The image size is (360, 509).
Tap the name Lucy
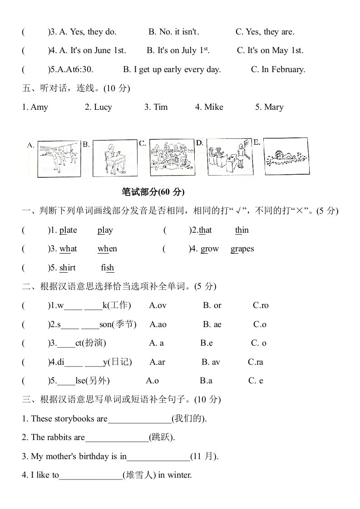point(103,108)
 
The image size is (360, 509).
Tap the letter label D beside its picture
point(199,142)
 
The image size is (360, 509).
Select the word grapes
point(242,249)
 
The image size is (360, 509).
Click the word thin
point(242,230)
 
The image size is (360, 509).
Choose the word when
point(107,249)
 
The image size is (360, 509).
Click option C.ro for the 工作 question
point(261,306)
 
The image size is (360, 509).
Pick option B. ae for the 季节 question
point(212,324)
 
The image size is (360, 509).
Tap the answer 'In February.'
point(278,69)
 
